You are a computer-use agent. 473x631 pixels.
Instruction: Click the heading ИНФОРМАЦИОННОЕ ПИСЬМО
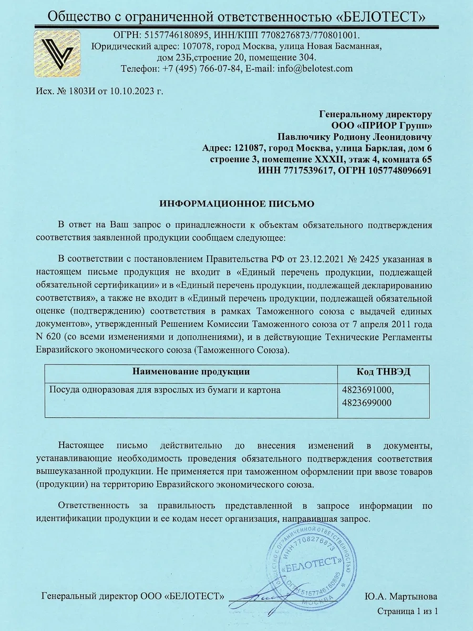(x=236, y=203)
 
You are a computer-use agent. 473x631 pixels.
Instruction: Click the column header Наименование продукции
(x=191, y=372)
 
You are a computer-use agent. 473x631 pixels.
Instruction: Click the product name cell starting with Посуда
(x=164, y=391)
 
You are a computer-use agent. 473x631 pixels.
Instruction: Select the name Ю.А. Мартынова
(x=400, y=596)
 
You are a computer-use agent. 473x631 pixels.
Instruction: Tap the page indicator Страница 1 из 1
(x=407, y=611)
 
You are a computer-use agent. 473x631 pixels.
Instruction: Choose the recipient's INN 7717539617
(x=301, y=171)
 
